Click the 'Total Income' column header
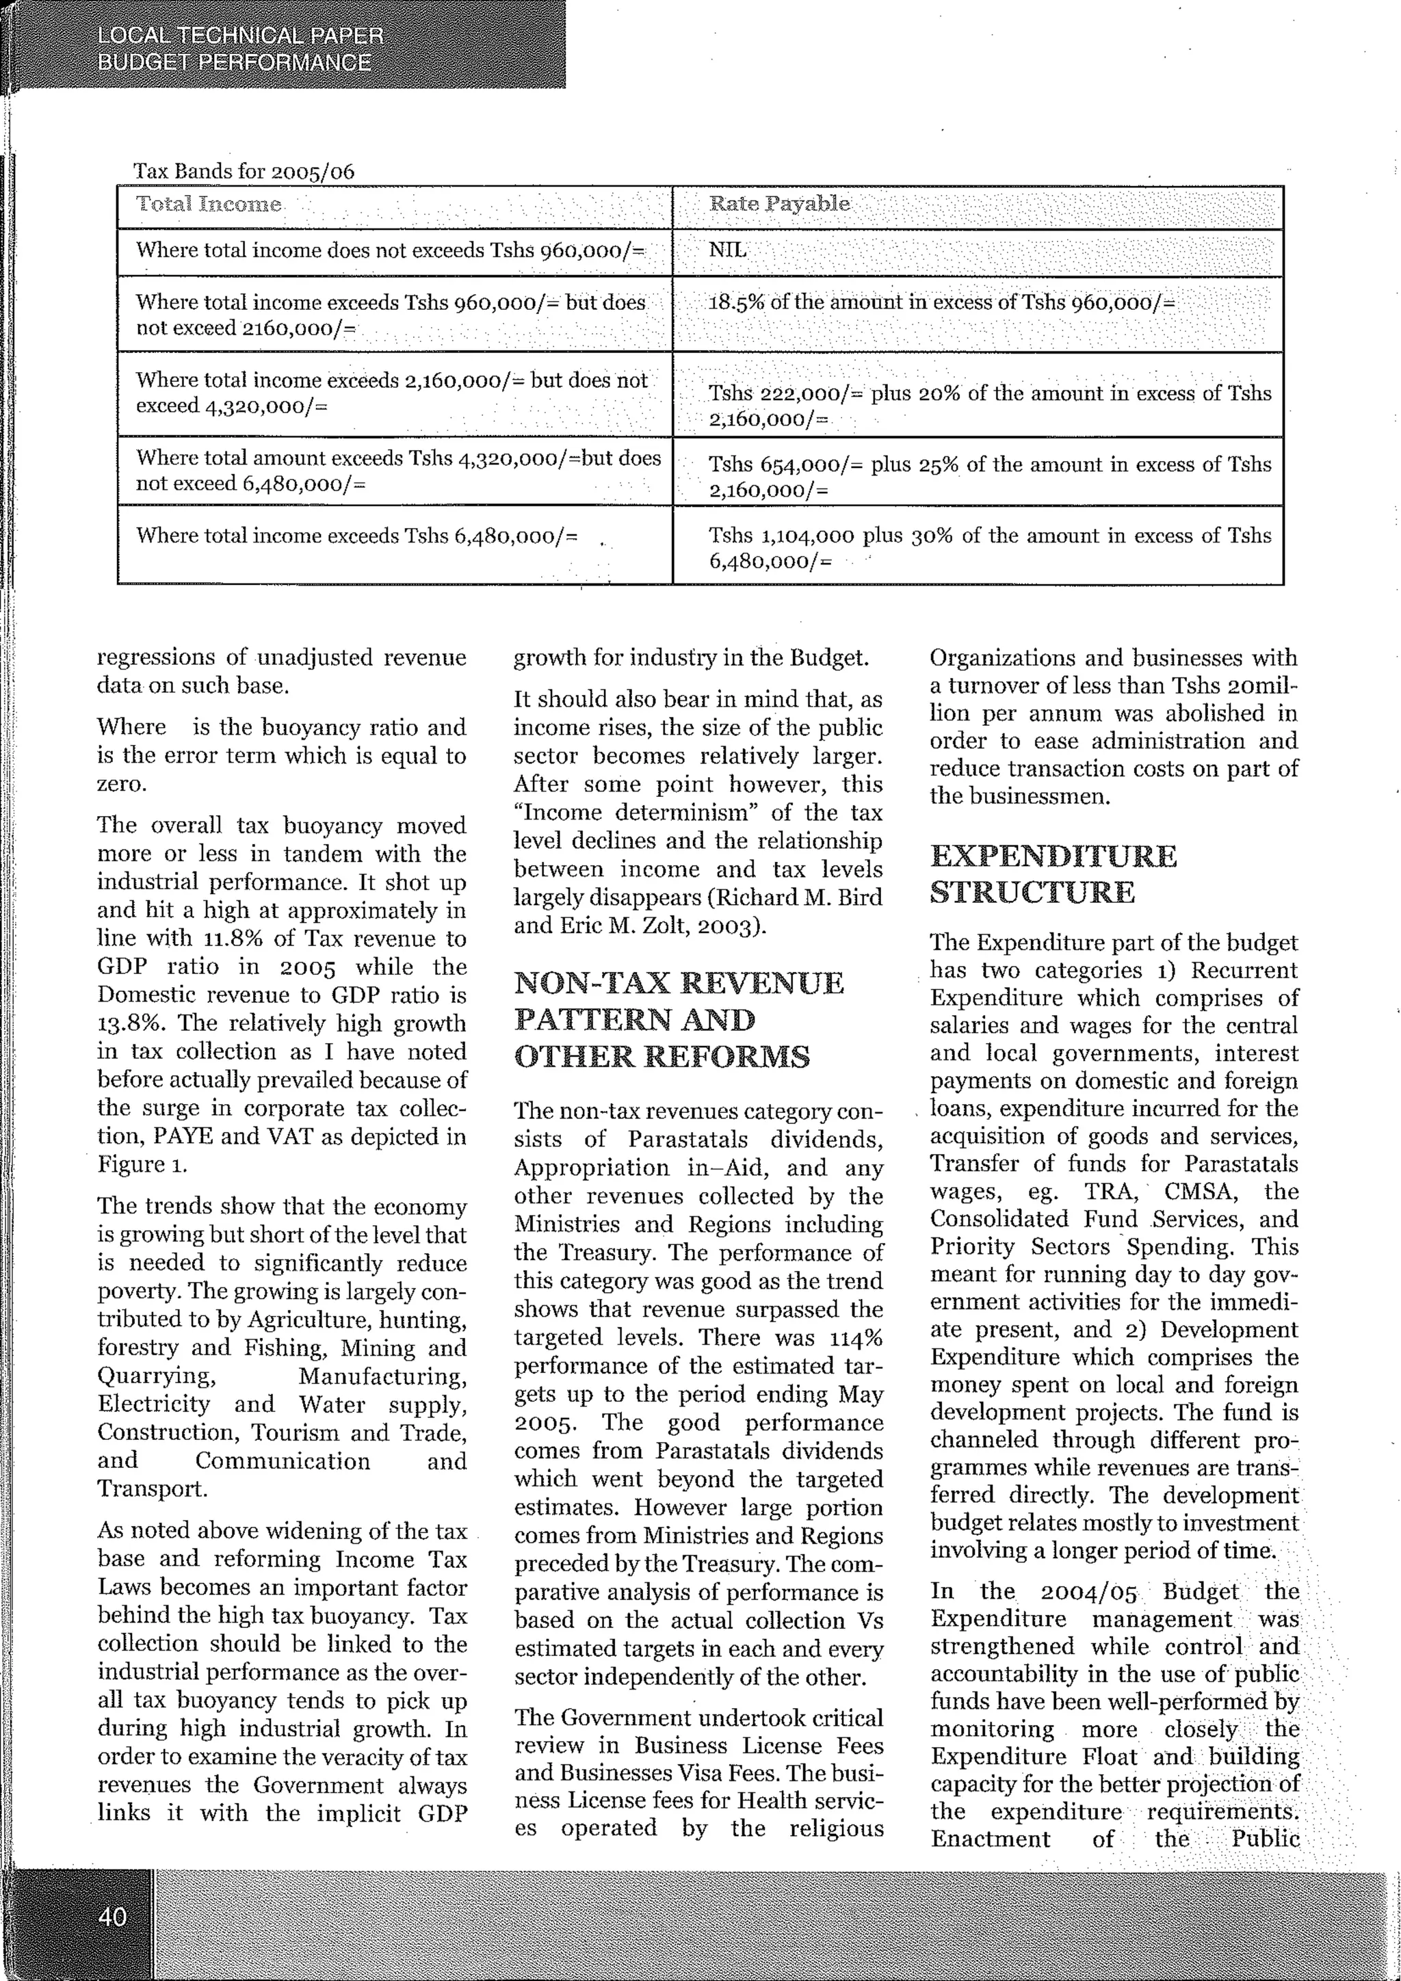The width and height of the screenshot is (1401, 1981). click(x=209, y=205)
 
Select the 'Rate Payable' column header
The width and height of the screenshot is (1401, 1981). click(x=779, y=205)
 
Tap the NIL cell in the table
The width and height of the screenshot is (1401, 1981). click(x=727, y=251)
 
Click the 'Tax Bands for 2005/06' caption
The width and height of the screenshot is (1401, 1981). click(x=244, y=171)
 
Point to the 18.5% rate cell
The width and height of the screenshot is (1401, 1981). click(x=941, y=303)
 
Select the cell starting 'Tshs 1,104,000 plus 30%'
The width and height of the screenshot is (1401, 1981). click(x=989, y=548)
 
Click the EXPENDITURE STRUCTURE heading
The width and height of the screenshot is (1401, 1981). click(x=1053, y=873)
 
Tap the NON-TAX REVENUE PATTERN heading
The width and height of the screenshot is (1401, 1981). click(x=679, y=1019)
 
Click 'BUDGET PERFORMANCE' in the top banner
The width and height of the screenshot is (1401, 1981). click(x=234, y=63)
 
